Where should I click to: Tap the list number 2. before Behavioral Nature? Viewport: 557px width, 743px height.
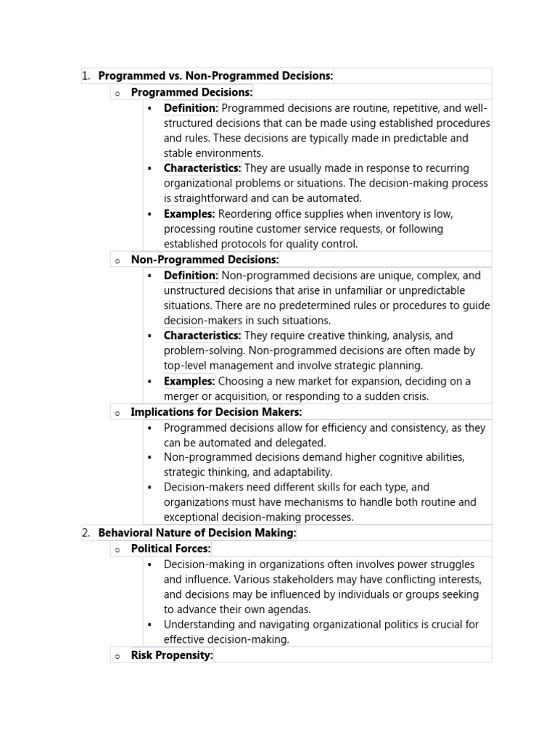[86, 533]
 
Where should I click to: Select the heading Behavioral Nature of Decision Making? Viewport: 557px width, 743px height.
[197, 533]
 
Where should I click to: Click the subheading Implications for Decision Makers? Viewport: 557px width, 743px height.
[216, 412]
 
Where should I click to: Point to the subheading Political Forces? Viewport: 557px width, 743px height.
[170, 549]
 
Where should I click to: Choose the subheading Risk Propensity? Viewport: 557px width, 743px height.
[172, 655]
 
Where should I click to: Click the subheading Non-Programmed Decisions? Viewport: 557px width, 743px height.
[205, 260]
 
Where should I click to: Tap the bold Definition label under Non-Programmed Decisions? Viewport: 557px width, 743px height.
[191, 275]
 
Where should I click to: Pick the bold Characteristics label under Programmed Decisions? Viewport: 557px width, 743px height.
[202, 168]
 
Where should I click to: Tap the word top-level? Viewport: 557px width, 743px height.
[186, 366]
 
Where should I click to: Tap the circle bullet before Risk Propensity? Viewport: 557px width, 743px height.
[117, 656]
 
